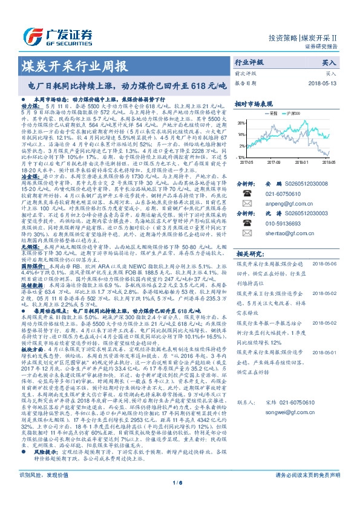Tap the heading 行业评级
[x=249, y=62]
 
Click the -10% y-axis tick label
[x=241, y=157]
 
